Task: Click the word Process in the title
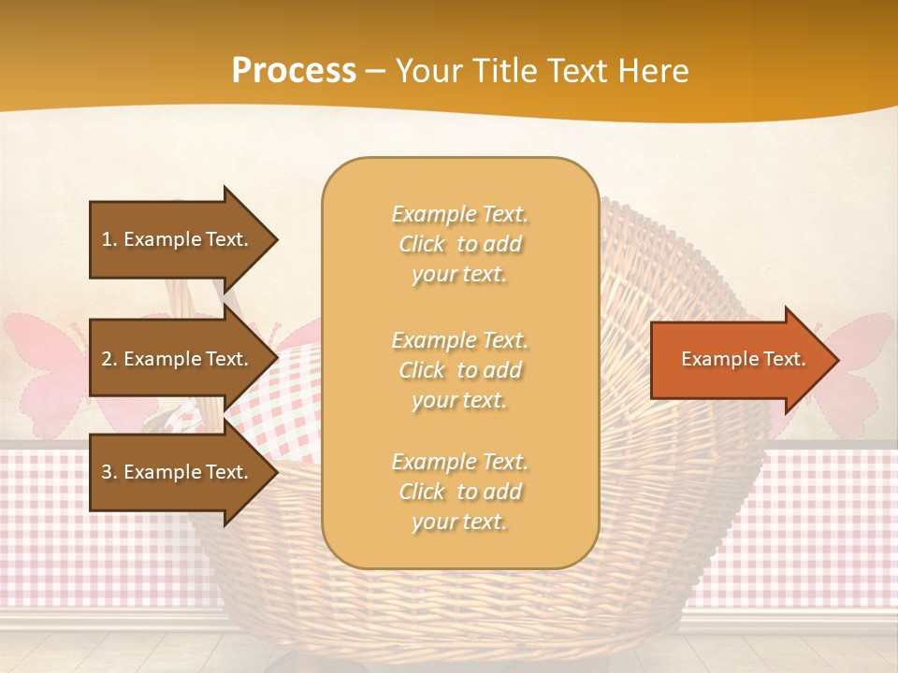(x=294, y=71)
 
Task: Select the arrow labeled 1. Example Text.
(x=178, y=239)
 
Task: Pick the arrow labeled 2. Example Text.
(x=178, y=359)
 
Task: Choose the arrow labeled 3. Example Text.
(x=178, y=472)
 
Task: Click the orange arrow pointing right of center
(x=739, y=360)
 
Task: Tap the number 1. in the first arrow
(x=109, y=239)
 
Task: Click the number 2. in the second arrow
(x=109, y=359)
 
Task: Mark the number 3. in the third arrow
(x=109, y=472)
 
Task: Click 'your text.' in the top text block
(x=459, y=275)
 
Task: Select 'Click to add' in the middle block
(x=459, y=370)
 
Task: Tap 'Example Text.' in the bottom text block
(x=459, y=462)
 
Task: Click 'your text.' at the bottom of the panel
(x=459, y=523)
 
